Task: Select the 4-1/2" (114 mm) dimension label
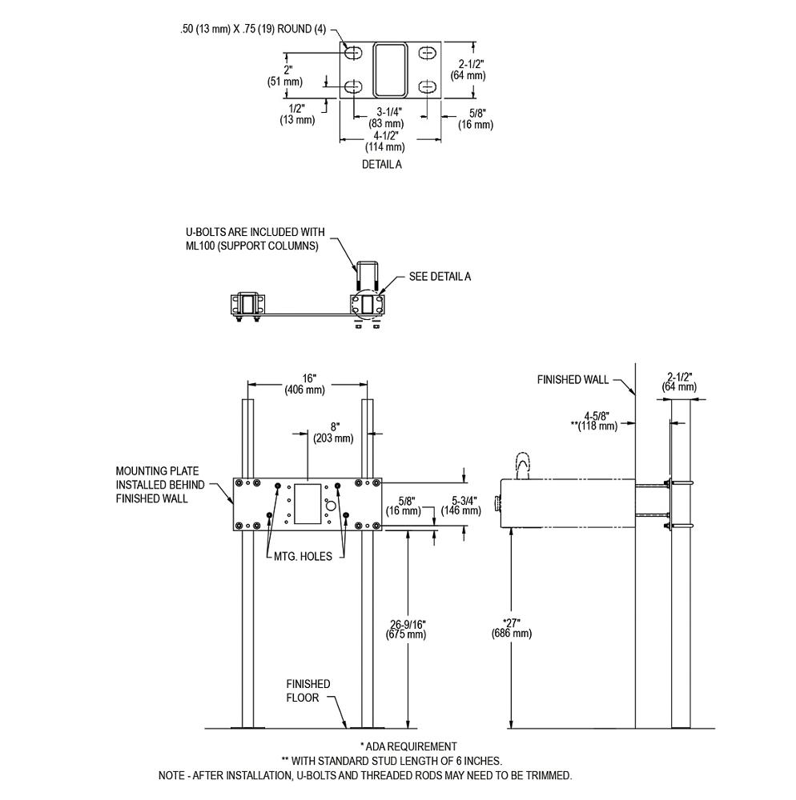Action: (385, 141)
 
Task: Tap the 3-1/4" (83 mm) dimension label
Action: (385, 118)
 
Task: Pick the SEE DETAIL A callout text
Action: (440, 276)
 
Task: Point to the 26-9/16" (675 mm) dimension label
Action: (408, 628)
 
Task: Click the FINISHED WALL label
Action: (573, 380)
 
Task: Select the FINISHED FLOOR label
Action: (308, 690)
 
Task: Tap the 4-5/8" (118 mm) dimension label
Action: (594, 421)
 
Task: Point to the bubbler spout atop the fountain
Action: (522, 466)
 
